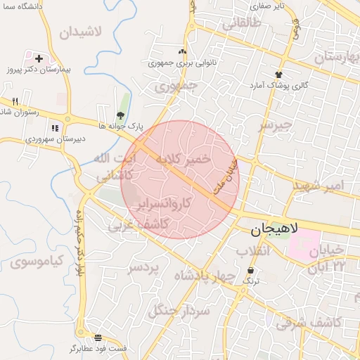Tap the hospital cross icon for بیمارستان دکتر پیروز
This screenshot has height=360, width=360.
coord(39,59)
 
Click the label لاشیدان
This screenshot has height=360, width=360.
coord(81,32)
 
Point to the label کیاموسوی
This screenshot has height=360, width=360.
coord(37,262)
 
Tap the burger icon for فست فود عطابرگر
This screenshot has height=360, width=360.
coord(98,337)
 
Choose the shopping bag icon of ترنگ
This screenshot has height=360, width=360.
coord(251,271)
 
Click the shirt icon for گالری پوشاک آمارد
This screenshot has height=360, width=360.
coord(279,74)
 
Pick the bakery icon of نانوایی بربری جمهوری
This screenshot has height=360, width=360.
coord(183,51)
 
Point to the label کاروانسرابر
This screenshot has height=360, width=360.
coord(165,205)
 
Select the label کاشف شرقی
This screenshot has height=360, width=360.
coord(309,323)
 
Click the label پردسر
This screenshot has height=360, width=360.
coord(145,268)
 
